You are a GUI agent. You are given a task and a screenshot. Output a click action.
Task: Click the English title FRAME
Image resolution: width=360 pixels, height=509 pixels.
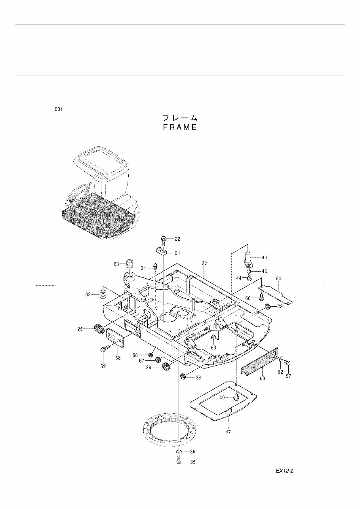[180, 127]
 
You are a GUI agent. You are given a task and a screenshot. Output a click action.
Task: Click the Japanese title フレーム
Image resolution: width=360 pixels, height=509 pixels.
[180, 118]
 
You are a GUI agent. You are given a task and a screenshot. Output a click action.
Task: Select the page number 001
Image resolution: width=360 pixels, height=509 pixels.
[59, 109]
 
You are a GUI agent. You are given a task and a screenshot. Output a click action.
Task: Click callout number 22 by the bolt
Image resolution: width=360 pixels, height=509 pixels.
[177, 239]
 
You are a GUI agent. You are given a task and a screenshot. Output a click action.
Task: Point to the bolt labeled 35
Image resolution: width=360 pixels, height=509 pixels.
[179, 461]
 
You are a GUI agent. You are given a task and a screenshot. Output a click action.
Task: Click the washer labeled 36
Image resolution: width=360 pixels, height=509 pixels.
[179, 451]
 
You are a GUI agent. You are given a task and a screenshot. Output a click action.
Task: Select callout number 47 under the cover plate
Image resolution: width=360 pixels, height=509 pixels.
[228, 432]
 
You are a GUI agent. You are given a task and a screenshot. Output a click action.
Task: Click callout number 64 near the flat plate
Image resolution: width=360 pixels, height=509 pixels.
[278, 279]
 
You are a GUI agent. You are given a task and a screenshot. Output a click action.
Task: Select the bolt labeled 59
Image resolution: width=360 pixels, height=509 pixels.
[103, 349]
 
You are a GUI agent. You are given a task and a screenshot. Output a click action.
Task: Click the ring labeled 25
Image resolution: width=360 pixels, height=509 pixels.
[99, 328]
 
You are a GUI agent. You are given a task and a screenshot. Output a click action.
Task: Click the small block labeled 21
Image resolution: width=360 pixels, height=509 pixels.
[160, 251]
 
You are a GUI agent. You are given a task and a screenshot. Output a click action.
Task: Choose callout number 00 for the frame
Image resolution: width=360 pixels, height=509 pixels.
[204, 263]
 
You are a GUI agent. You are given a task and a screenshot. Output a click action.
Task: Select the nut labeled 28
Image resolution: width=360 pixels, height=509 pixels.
[183, 376]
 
